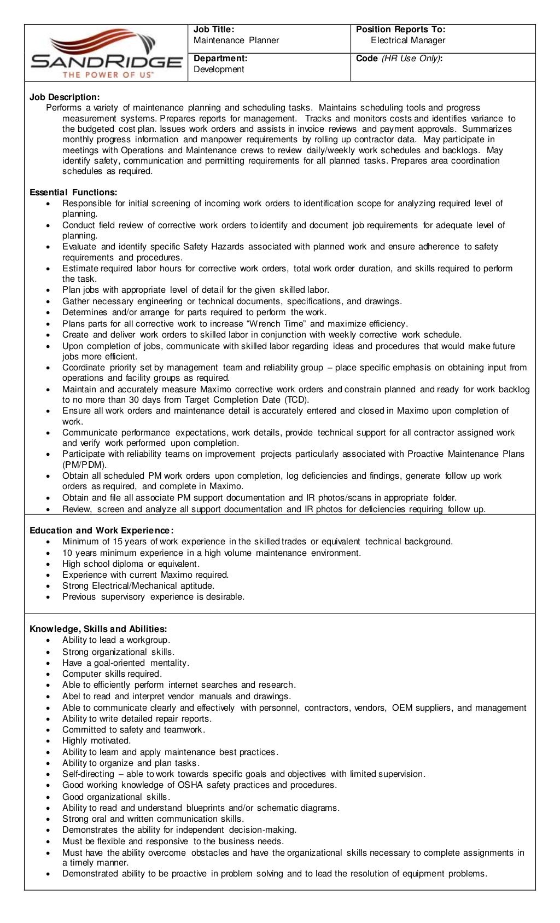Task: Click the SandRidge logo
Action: pyautogui.click(x=107, y=53)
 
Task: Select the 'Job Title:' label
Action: pyautogui.click(x=214, y=30)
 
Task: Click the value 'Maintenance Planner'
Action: pyautogui.click(x=236, y=40)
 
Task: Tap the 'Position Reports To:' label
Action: pyautogui.click(x=400, y=30)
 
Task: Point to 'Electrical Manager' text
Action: pyautogui.click(x=408, y=40)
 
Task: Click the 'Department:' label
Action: pyautogui.click(x=220, y=59)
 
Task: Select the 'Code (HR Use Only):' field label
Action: pyautogui.click(x=399, y=59)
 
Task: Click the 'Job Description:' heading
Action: pyautogui.click(x=65, y=97)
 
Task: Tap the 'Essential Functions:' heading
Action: pyautogui.click(x=73, y=193)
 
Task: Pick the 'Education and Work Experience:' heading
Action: pyautogui.click(x=102, y=531)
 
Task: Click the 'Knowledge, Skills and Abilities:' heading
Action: pyautogui.click(x=98, y=629)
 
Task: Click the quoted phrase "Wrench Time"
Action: pyautogui.click(x=277, y=324)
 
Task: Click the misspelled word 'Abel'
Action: pyautogui.click(x=71, y=696)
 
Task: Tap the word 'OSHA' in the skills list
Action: pyautogui.click(x=190, y=785)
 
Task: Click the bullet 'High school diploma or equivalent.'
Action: pyautogui.click(x=131, y=564)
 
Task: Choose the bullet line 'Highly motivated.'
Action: pyautogui.click(x=96, y=741)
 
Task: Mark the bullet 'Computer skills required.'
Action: pyautogui.click(x=112, y=674)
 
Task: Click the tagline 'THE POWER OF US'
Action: pyautogui.click(x=108, y=74)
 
